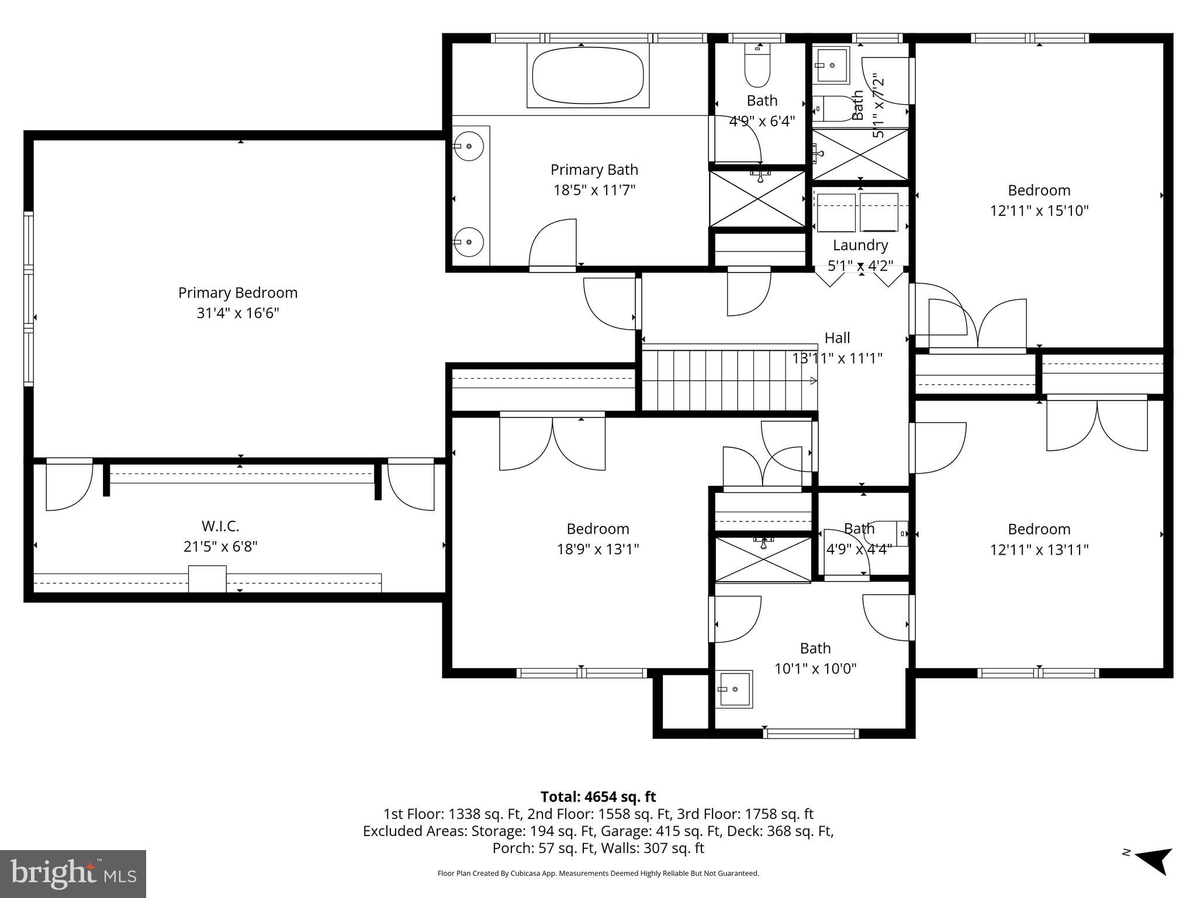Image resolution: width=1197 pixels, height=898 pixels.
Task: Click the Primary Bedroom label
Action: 237,292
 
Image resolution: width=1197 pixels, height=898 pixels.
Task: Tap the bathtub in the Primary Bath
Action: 587,75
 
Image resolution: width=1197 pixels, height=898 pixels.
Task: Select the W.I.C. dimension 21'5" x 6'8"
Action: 220,547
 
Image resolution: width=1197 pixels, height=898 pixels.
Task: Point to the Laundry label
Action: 860,245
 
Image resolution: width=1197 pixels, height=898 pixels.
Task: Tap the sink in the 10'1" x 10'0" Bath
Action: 735,689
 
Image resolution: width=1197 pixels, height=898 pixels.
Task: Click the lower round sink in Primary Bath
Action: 469,241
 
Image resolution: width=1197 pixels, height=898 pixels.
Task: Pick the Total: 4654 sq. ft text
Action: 598,796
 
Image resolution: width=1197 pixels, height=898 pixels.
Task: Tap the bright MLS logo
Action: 73,873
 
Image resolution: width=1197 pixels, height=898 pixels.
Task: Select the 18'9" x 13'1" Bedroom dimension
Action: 597,549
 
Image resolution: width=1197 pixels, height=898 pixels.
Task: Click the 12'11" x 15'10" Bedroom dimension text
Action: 1039,210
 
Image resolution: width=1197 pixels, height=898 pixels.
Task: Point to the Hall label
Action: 837,337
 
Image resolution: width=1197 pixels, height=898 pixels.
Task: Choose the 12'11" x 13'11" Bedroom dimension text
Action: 1039,550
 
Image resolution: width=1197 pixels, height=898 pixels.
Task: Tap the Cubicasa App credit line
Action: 598,873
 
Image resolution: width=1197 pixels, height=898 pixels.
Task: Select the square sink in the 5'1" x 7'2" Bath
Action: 832,65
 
